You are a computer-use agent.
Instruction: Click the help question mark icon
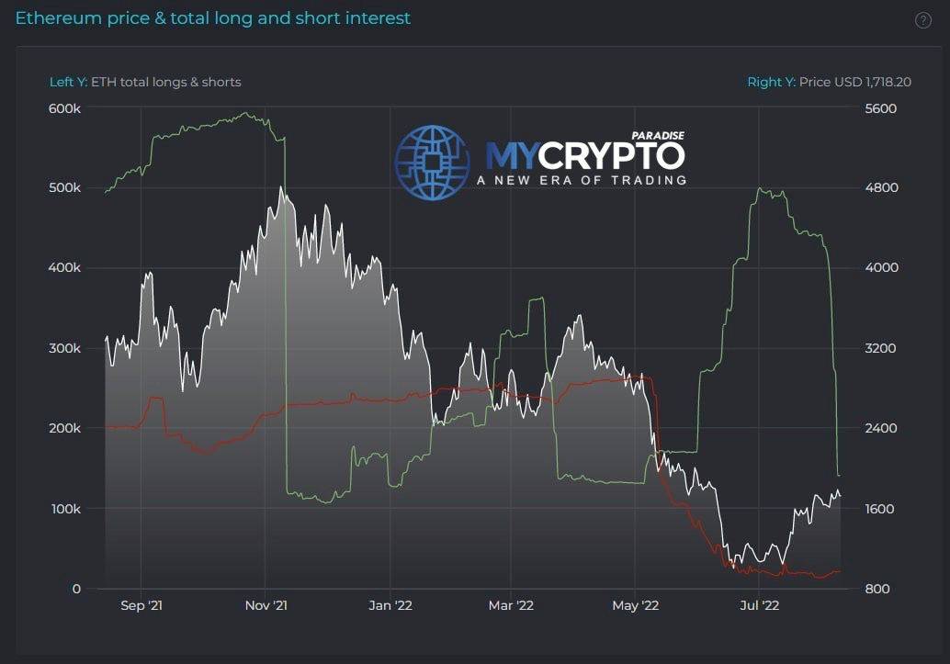[923, 21]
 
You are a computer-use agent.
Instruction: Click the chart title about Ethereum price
[213, 18]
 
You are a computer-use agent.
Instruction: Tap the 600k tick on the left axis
[65, 108]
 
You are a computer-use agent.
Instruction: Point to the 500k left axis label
[65, 187]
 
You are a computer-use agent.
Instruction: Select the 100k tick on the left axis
[65, 509]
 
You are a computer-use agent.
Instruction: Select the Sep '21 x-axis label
[141, 606]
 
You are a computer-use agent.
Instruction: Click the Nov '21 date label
[266, 606]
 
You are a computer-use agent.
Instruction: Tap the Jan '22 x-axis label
[390, 606]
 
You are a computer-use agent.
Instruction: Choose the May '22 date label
[636, 606]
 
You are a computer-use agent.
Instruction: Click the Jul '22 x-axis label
[759, 606]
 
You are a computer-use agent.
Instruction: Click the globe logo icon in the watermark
[432, 163]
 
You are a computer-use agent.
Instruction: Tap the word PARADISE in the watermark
[659, 135]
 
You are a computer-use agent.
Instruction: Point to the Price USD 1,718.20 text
[854, 82]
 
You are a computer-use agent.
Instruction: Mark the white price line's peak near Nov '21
[279, 186]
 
